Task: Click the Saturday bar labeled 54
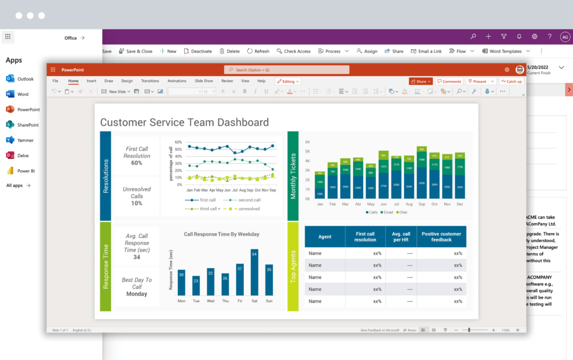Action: coord(254,272)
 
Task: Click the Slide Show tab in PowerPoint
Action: coord(203,81)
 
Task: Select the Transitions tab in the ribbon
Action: coord(150,81)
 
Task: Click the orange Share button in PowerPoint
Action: coord(421,81)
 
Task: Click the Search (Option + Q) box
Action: coord(286,70)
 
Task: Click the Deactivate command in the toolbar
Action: coord(198,51)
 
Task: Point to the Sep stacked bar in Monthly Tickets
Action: coord(422,173)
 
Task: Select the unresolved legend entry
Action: coord(246,209)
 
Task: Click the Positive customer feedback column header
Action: coord(441,237)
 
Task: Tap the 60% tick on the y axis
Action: coord(178,142)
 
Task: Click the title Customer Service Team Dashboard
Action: coord(184,122)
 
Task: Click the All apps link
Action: coord(18,185)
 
